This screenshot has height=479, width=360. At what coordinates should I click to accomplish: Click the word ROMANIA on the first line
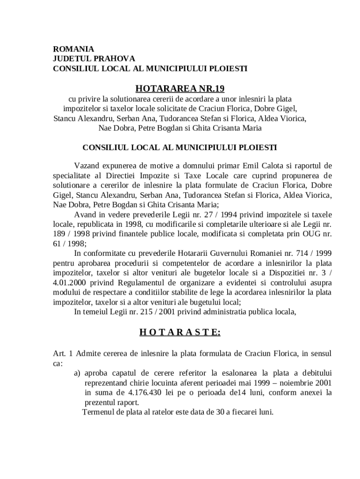coord(73,49)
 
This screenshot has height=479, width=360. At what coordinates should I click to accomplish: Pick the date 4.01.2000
coord(71,283)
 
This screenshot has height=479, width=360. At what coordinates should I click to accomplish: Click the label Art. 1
coord(62,353)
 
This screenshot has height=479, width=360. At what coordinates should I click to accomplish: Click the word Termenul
coord(99,412)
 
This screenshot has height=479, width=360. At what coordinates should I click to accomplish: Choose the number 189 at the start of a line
coord(59,233)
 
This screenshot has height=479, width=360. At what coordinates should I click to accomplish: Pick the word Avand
coord(85,214)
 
